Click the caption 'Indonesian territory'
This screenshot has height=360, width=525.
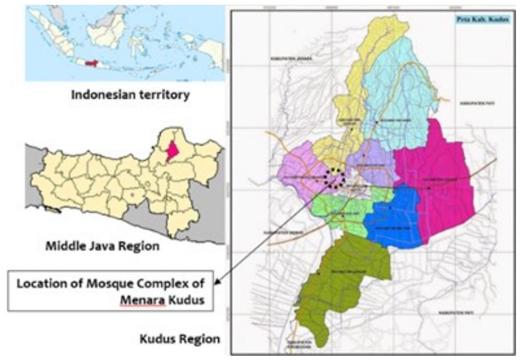coord(118,95)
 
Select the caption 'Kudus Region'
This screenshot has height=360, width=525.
coord(180,338)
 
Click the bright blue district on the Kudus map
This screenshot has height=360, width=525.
coord(398,217)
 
